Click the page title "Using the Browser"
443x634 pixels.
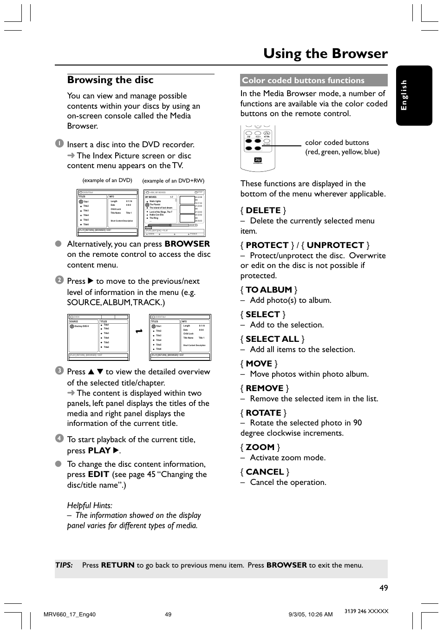[325, 53]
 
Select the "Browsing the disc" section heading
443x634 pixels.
[110, 80]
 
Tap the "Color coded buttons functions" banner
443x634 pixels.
[303, 80]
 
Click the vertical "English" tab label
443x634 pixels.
[404, 95]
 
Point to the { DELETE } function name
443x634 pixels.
[263, 210]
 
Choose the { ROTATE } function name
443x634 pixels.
[263, 412]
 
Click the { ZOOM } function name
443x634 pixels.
[260, 447]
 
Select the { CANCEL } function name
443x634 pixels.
[265, 471]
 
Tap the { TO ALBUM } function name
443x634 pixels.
[268, 289]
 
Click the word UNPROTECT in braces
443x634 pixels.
[335, 245]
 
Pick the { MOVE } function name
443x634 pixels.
[259, 363]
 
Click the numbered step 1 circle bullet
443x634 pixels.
[59, 144]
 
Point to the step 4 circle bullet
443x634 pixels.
[59, 438]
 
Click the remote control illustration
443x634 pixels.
[258, 148]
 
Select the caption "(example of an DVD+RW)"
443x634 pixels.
[173, 181]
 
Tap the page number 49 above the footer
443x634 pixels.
[383, 588]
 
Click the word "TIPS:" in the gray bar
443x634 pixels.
[64, 565]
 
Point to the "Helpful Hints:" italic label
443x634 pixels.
[90, 505]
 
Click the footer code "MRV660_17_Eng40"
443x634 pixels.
[69, 614]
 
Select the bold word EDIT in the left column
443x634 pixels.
[98, 474]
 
